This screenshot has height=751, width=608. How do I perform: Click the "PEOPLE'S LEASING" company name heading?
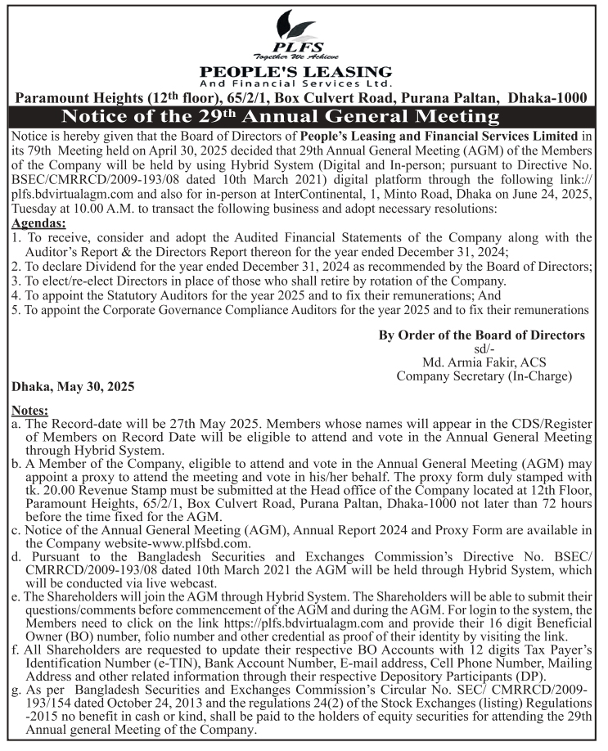click(x=296, y=72)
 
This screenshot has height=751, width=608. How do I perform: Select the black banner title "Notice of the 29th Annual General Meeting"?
click(x=280, y=115)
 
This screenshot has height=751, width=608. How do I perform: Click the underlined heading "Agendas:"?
click(x=38, y=223)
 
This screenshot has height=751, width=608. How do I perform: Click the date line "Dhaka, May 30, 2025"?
click(x=73, y=385)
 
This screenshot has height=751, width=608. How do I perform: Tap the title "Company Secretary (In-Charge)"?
click(x=484, y=376)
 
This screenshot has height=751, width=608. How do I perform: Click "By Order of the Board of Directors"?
click(x=482, y=335)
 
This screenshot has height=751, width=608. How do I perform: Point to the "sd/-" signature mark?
click(x=484, y=349)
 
